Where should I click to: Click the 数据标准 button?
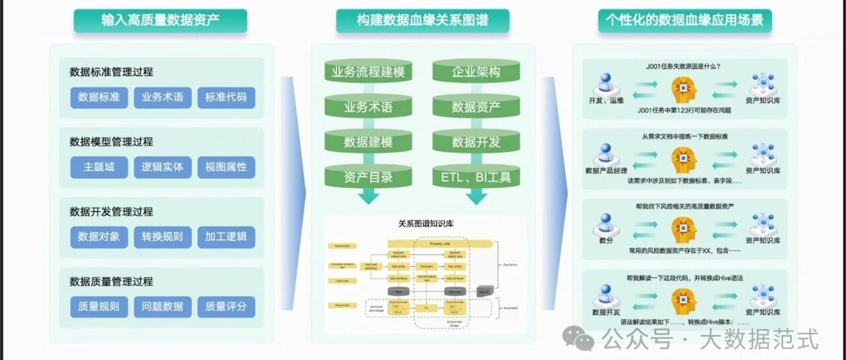click(x=99, y=97)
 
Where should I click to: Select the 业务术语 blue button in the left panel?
click(x=163, y=97)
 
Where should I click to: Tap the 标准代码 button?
click(x=226, y=97)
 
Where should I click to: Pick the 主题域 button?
click(x=99, y=167)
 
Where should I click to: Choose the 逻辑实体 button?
click(x=163, y=167)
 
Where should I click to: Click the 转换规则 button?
click(x=163, y=237)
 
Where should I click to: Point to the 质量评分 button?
click(x=226, y=306)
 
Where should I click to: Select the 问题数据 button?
click(x=163, y=306)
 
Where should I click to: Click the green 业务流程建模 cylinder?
click(x=368, y=72)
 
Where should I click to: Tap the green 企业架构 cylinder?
click(x=476, y=72)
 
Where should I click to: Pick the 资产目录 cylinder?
click(x=368, y=177)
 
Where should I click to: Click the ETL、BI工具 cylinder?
click(x=476, y=177)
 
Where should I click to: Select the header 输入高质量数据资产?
click(x=161, y=20)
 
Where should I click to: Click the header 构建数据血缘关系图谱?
click(x=422, y=20)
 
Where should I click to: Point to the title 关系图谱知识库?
click(x=422, y=223)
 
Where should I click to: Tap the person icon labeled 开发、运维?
click(x=605, y=85)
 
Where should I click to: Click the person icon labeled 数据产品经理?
click(x=605, y=155)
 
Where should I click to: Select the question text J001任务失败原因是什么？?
click(x=683, y=66)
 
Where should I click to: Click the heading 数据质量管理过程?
click(x=111, y=281)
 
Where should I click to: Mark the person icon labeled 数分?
click(x=605, y=225)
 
